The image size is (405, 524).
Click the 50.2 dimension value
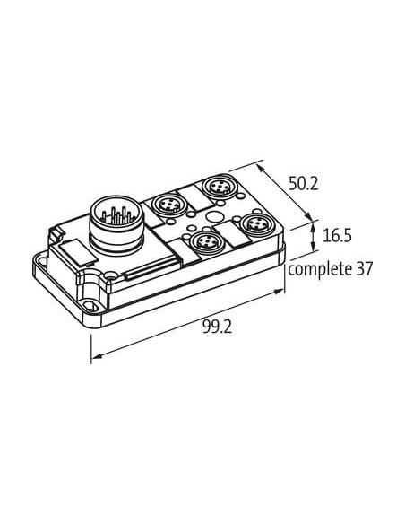303,184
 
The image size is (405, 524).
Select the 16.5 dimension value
337,236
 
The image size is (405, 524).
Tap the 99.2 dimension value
217,327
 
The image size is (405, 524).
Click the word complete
316,269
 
